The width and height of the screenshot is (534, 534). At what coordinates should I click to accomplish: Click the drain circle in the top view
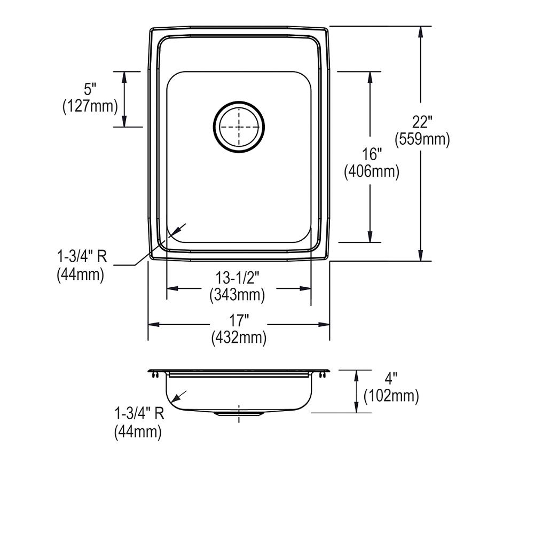[x=239, y=127]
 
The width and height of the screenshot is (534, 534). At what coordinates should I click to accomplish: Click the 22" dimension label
[x=421, y=122]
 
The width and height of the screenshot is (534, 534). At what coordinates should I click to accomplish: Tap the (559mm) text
[x=422, y=139]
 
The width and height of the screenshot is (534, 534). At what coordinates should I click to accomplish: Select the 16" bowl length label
[x=371, y=155]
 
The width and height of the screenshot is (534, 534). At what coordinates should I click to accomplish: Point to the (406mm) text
[x=372, y=172]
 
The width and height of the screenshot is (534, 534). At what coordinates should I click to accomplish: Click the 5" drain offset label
[x=90, y=89]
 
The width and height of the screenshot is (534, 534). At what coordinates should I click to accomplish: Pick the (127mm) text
[x=90, y=106]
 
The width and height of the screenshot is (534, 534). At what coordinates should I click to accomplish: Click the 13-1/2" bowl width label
[x=237, y=277]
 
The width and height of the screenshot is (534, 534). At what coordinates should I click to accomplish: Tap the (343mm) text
[x=237, y=294]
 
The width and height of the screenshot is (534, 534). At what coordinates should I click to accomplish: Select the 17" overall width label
[x=239, y=320]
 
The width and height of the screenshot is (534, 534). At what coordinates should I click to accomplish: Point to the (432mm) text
[x=239, y=337]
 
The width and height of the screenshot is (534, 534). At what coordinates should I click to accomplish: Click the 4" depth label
[x=391, y=379]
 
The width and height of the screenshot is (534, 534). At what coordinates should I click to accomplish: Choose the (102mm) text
[x=391, y=396]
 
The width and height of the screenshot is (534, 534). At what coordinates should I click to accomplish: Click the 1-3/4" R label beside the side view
[x=138, y=414]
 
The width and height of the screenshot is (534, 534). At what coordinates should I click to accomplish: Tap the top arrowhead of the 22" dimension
[x=421, y=31]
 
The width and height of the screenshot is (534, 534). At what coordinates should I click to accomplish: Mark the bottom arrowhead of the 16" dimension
[x=370, y=237]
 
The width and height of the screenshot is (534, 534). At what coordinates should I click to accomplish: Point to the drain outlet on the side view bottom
[x=238, y=413]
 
